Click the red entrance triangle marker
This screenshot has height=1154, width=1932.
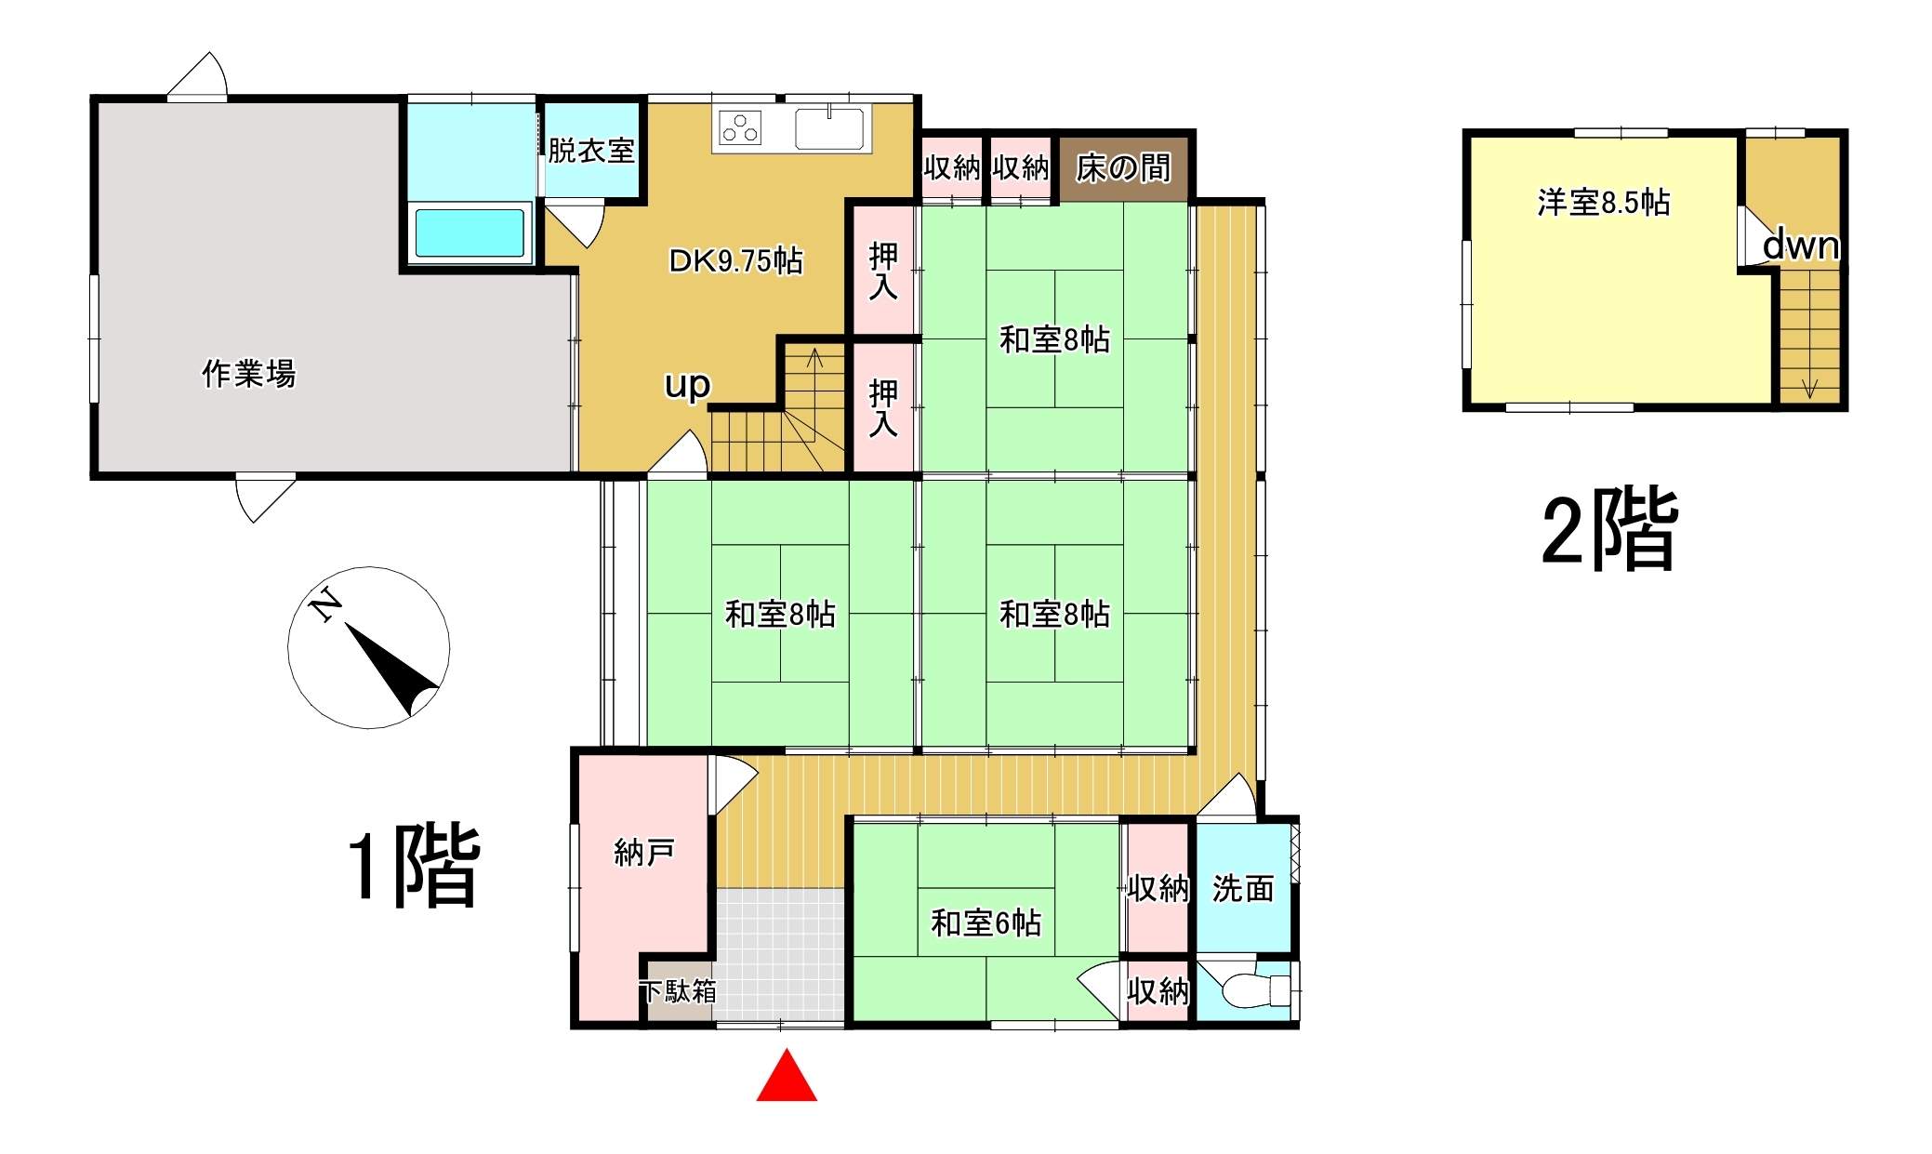pyautogui.click(x=787, y=1076)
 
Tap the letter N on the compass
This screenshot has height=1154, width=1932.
pyautogui.click(x=325, y=604)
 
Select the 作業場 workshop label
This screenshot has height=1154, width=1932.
pyautogui.click(x=248, y=374)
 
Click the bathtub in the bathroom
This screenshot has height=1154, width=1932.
pyautogui.click(x=470, y=232)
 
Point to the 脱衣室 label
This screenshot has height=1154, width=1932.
pyautogui.click(x=591, y=151)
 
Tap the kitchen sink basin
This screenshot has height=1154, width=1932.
pyautogui.click(x=829, y=128)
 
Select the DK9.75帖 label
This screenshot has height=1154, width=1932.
pyautogui.click(x=735, y=260)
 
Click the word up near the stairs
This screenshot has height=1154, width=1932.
pyautogui.click(x=687, y=385)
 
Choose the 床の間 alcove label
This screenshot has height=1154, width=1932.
pyautogui.click(x=1123, y=168)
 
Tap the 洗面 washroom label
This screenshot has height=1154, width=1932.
pyautogui.click(x=1243, y=889)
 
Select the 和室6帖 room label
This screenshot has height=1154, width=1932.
pyautogui.click(x=986, y=923)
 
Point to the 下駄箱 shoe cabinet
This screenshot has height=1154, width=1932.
pyautogui.click(x=679, y=991)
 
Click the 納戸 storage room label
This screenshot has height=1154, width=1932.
pyautogui.click(x=644, y=852)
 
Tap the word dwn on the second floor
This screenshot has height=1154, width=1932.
pyautogui.click(x=1801, y=245)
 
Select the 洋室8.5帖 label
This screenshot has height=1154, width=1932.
pyautogui.click(x=1604, y=202)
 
